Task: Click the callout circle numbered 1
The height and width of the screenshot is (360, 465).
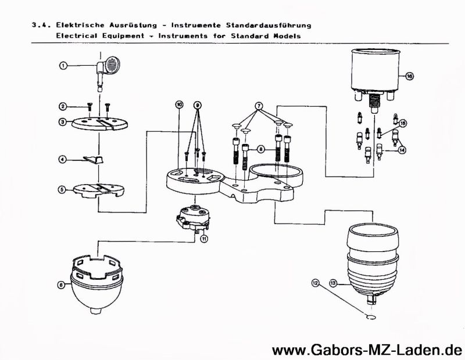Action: point(62,66)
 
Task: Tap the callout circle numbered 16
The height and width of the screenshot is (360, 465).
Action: point(409,76)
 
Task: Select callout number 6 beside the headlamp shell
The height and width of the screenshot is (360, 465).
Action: point(61,285)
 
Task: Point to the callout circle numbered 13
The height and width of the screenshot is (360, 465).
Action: point(333,283)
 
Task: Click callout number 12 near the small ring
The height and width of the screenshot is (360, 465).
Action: point(316,283)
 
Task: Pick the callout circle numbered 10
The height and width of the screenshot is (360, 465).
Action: point(180,104)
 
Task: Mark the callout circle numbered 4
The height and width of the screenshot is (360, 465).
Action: point(62,159)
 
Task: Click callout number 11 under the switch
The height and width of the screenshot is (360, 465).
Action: point(204,237)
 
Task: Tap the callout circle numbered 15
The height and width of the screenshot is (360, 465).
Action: point(403,123)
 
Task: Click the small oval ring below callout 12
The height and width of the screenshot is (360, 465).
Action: point(370,317)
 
